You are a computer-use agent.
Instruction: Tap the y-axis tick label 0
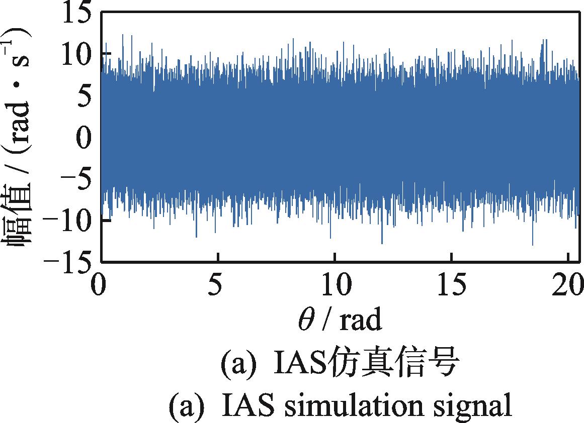[x=84, y=138]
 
